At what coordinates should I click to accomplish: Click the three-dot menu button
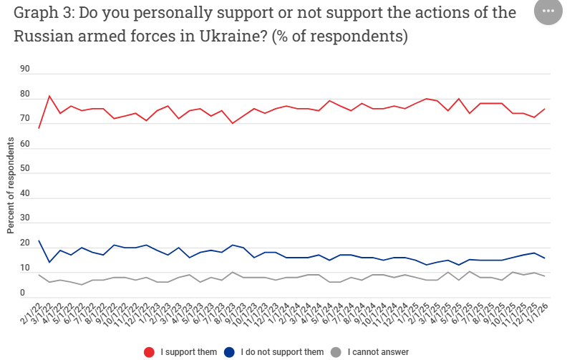click(x=548, y=12)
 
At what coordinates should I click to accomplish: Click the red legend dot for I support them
click(x=150, y=351)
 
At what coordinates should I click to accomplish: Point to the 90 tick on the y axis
click(x=25, y=69)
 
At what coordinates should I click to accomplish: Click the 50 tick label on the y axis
click(x=25, y=169)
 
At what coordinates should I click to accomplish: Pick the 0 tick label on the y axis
click(x=23, y=293)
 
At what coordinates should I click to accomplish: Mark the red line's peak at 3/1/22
click(x=49, y=96)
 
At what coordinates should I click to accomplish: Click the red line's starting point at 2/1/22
click(x=39, y=128)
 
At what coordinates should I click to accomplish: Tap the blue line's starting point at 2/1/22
click(x=39, y=240)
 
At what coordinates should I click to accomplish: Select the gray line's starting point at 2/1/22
click(x=39, y=275)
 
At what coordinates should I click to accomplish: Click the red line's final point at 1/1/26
click(x=545, y=109)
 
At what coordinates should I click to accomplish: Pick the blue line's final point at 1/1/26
click(x=545, y=258)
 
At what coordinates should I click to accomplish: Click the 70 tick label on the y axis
click(x=25, y=119)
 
